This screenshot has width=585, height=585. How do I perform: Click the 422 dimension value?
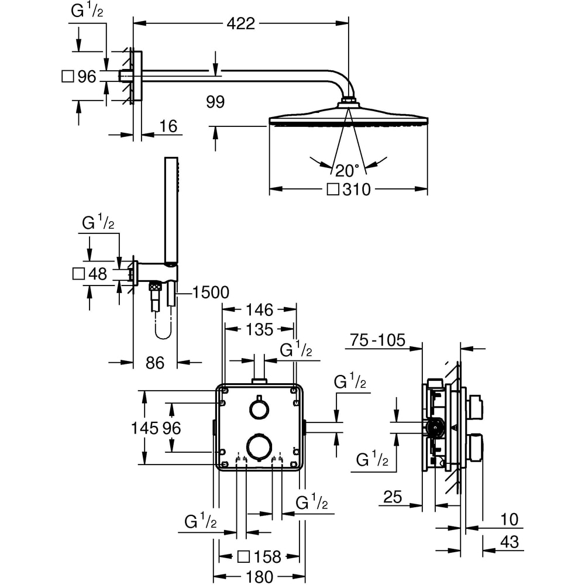241,23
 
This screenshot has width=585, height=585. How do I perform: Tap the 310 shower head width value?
357,190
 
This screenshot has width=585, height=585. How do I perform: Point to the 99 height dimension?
215,102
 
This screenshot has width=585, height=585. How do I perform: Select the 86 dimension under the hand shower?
154,363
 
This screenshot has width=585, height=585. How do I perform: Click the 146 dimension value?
259,309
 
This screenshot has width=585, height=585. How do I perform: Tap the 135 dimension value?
259,329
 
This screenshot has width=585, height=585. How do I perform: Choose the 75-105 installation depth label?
377,340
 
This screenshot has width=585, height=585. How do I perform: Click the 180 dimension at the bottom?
257,576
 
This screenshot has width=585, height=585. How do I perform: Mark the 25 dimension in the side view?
393,497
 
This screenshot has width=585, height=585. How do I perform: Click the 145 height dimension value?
148,428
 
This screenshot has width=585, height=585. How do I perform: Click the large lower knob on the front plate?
259,446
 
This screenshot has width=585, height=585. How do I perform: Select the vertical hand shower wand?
170,211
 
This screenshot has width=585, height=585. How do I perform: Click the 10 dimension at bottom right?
510,519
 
